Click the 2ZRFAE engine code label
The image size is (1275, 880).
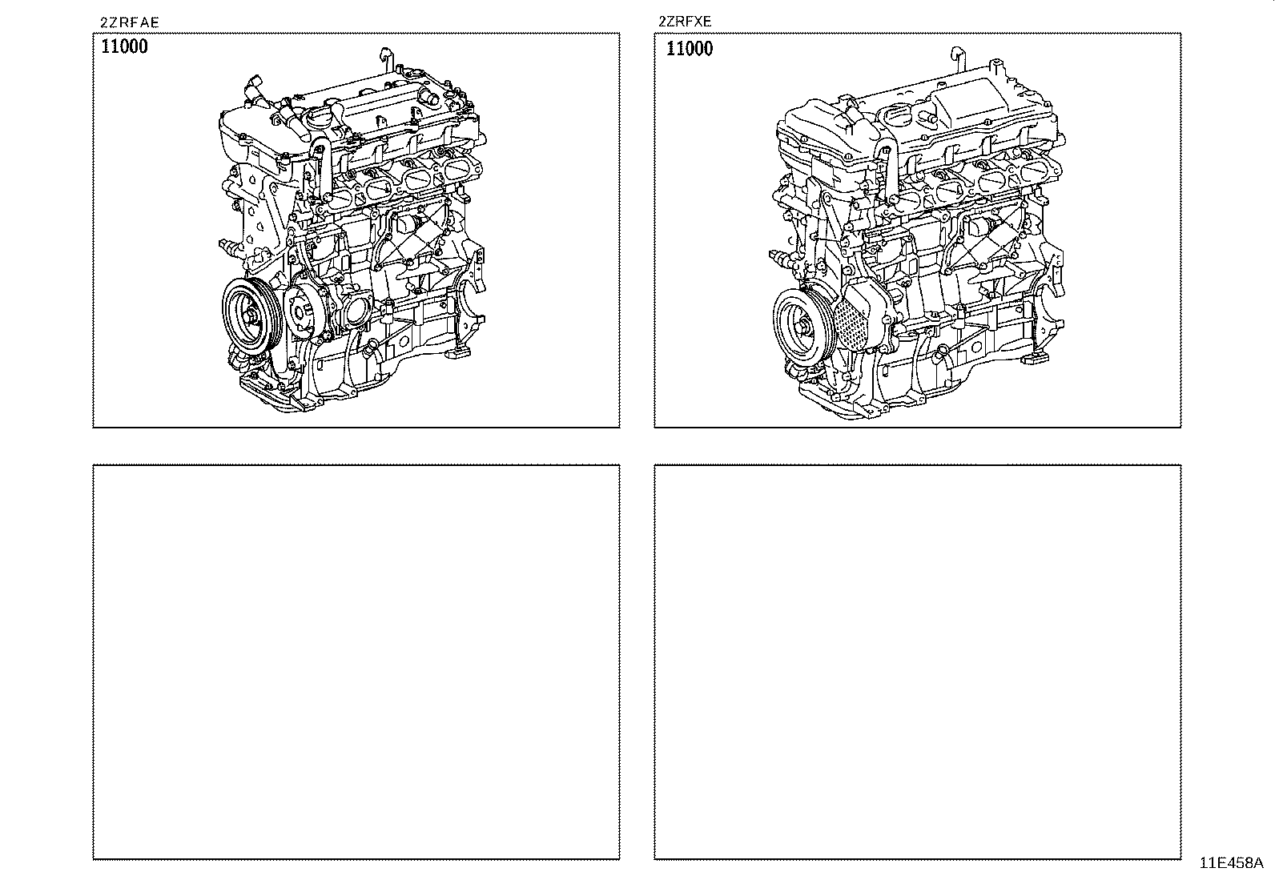[129, 22]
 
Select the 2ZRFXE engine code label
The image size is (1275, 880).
[685, 22]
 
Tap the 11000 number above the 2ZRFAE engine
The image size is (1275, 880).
[124, 46]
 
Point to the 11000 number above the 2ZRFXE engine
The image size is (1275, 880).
[690, 49]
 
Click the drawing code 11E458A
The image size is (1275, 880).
[1231, 863]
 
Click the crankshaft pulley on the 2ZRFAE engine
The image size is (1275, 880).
[251, 316]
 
